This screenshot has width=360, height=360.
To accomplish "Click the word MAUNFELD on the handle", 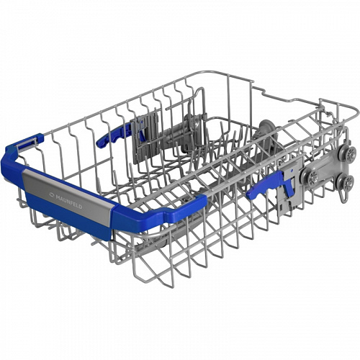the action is [69, 202].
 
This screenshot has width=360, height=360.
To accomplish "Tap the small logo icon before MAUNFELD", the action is [52, 195].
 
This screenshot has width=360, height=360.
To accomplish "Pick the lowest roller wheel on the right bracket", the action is [347, 182].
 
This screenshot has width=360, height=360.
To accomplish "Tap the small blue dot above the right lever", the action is [291, 170].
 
